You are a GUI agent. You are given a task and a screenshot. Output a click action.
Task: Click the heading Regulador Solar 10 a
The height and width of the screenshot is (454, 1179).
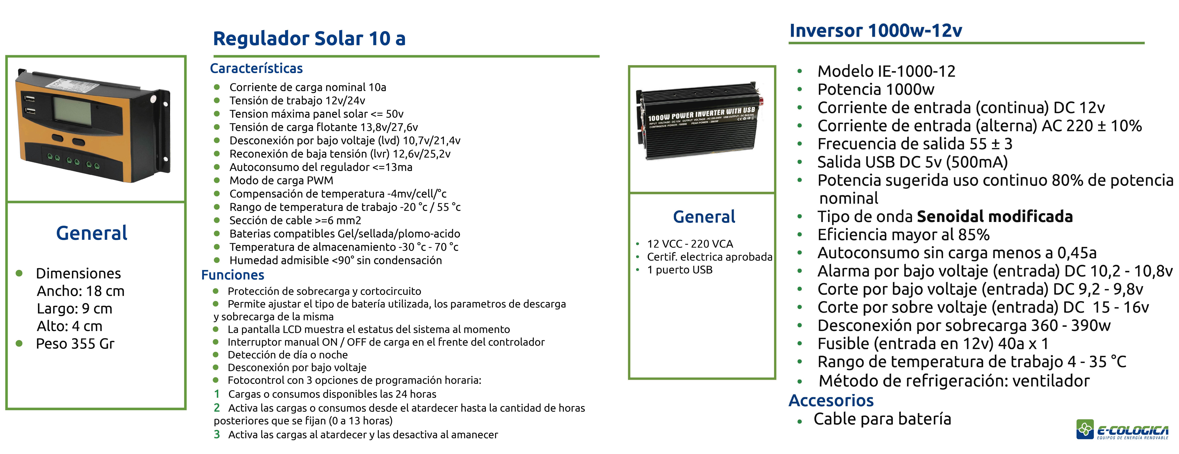coord(309,38)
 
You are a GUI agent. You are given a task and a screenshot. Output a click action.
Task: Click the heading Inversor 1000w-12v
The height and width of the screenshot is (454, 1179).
coord(876,31)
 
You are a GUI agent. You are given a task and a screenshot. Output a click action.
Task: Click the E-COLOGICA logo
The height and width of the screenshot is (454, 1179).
coord(1122,429)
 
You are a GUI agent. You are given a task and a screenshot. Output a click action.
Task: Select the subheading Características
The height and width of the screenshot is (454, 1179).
coord(256,69)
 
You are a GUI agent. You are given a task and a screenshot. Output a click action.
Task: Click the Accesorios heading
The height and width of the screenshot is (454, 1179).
coord(831,401)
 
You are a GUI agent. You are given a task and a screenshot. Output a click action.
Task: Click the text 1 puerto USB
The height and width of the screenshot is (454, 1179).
coord(680,270)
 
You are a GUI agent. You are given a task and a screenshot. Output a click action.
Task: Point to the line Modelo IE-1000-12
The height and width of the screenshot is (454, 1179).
coord(887,71)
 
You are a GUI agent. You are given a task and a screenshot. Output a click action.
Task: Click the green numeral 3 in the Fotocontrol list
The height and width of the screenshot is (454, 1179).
coord(217,434)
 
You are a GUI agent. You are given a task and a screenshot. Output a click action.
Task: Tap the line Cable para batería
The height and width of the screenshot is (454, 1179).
coord(882,419)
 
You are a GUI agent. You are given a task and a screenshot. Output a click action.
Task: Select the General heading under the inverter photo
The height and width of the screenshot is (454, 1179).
coord(704,217)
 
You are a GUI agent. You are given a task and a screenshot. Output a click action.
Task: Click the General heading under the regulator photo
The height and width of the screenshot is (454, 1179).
coord(91,233)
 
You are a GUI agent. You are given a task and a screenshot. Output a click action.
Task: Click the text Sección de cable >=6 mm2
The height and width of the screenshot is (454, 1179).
coord(295,220)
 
